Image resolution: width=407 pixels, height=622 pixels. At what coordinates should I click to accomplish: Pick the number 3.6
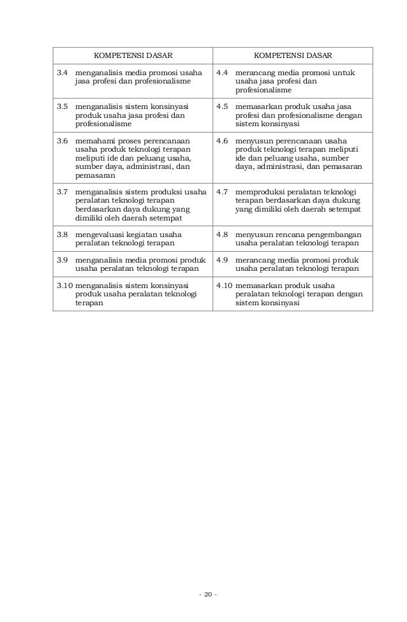pyautogui.click(x=63, y=140)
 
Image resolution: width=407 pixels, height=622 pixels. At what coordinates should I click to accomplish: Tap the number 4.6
pyautogui.click(x=222, y=140)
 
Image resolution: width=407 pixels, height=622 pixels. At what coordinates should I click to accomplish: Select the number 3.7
pyautogui.click(x=63, y=191)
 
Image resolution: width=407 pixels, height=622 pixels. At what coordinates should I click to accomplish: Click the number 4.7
pyautogui.click(x=222, y=191)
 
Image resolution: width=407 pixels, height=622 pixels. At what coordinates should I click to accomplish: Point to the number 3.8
pyautogui.click(x=63, y=234)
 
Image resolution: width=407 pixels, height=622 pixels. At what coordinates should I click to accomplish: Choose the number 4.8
pyautogui.click(x=222, y=234)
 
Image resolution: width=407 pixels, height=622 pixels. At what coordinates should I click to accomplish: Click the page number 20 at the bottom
pyautogui.click(x=207, y=595)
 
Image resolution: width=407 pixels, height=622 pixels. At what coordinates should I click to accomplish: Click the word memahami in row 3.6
pyautogui.click(x=94, y=140)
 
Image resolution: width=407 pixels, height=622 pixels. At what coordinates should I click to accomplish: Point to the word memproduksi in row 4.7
pyautogui.click(x=258, y=191)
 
